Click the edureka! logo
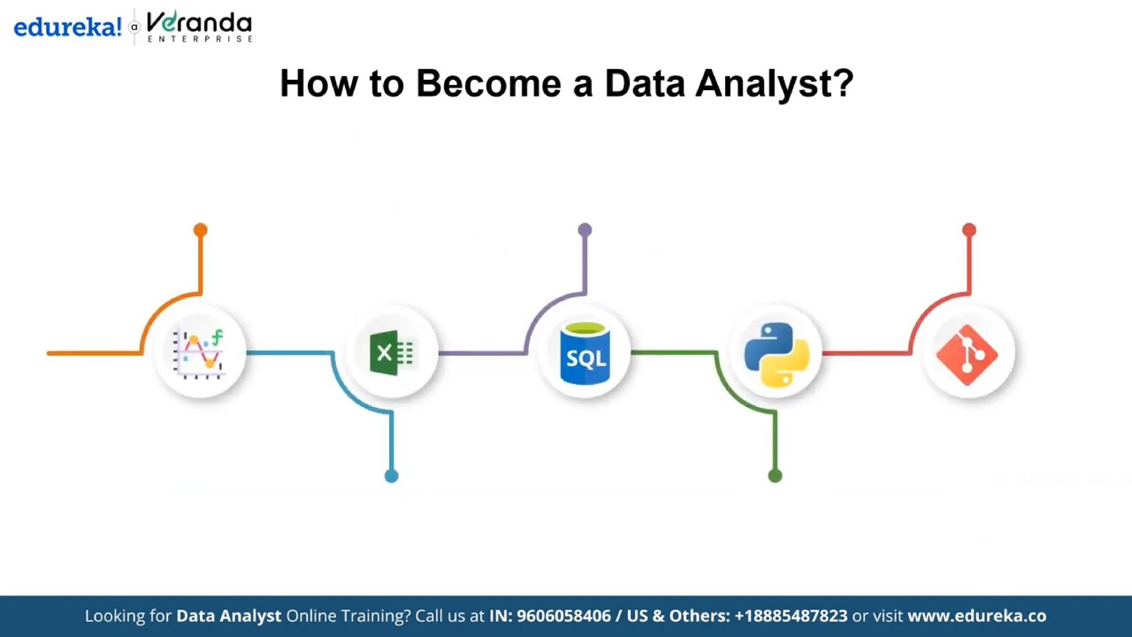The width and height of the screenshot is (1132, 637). [67, 27]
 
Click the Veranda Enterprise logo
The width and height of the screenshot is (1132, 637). [200, 26]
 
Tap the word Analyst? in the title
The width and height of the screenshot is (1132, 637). [774, 84]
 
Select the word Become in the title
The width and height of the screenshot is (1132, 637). [489, 83]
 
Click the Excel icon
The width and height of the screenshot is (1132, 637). [392, 353]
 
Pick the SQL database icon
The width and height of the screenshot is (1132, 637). [585, 353]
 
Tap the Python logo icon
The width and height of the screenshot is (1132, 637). [777, 354]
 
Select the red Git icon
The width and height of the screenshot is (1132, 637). [967, 354]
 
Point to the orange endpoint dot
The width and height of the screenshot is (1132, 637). [200, 229]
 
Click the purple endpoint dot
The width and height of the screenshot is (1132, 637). [585, 229]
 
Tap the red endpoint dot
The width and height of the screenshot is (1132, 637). [969, 229]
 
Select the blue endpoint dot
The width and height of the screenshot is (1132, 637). [391, 476]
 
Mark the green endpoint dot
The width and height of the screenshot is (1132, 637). [775, 476]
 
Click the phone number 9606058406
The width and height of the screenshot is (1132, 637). [564, 616]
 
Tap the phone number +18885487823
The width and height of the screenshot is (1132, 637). [791, 616]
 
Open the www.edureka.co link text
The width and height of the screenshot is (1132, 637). [977, 616]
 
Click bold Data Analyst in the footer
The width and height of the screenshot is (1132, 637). [228, 616]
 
